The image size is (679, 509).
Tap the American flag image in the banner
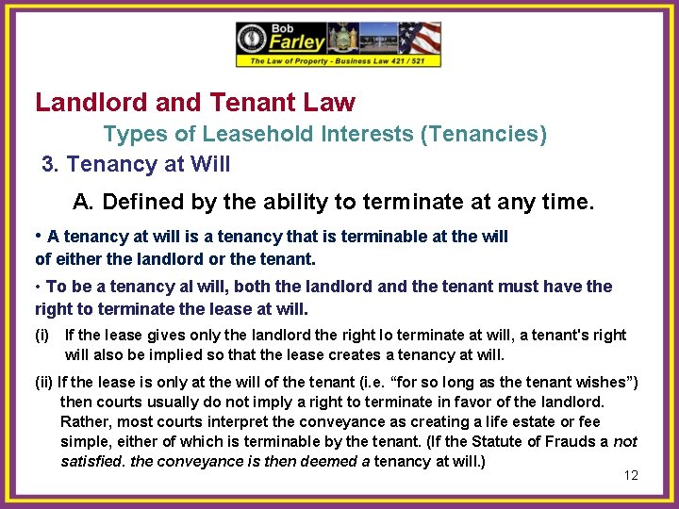(420, 39)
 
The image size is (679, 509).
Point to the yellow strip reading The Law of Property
(338, 61)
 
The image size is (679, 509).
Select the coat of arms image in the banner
(342, 39)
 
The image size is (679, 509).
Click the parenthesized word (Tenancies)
(484, 135)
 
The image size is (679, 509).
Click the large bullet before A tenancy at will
(39, 237)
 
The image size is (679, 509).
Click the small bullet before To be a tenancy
(39, 287)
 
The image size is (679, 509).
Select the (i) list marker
(41, 336)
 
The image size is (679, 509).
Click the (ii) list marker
(44, 382)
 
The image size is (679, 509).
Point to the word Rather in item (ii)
(84, 422)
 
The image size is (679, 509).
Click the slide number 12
(631, 475)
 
